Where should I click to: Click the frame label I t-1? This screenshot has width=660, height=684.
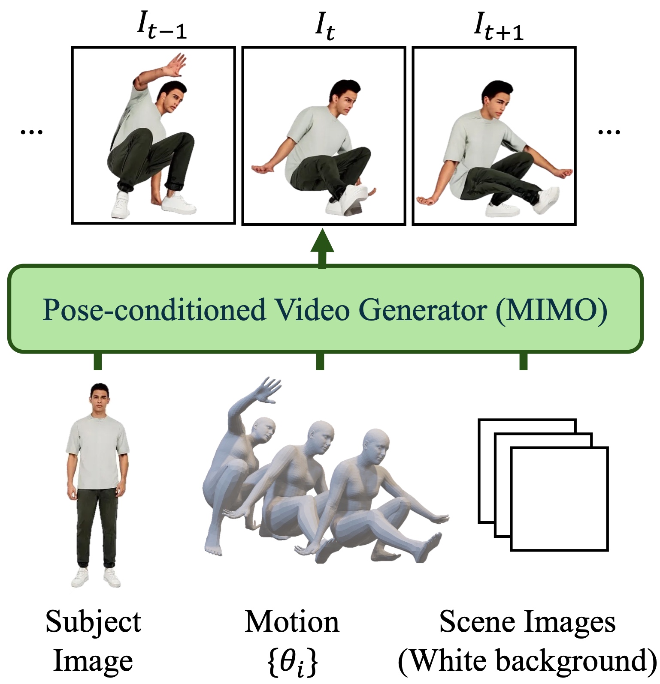point(162,27)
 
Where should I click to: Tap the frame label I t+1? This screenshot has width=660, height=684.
point(498,27)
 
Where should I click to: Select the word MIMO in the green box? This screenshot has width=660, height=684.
point(552,309)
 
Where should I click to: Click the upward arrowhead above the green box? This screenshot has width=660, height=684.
point(322,242)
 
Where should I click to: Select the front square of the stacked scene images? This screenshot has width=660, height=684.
point(559,499)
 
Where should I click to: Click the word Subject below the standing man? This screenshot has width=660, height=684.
point(93,622)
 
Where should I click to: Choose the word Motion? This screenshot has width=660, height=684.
point(292,622)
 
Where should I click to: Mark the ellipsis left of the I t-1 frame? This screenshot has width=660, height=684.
point(32,132)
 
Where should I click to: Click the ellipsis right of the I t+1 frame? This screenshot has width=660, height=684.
point(609,132)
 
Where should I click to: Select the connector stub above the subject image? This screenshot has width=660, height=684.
point(98,361)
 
